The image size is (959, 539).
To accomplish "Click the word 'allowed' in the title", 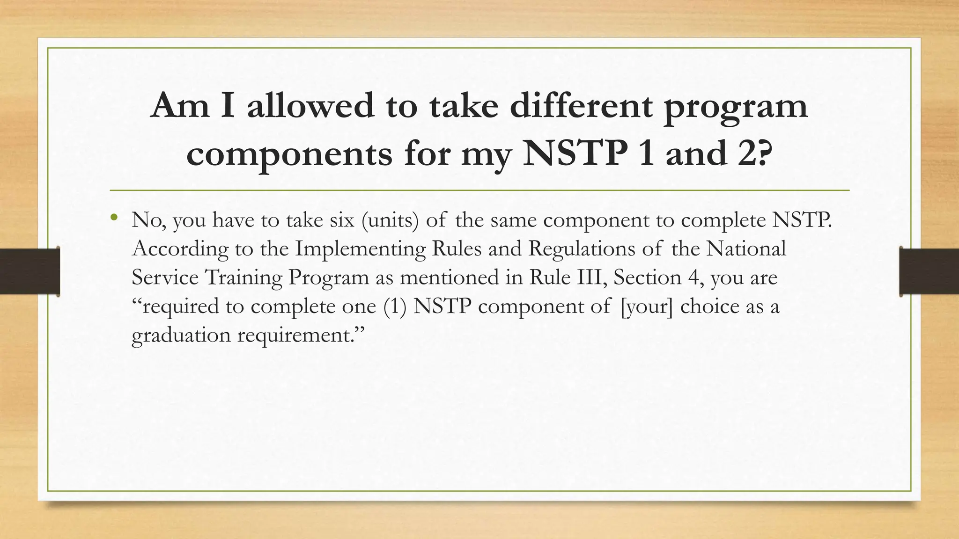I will [310, 105].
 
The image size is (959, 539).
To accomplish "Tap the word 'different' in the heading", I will [580, 105].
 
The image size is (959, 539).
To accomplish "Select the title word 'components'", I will [289, 154].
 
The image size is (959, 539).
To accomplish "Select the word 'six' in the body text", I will [342, 220].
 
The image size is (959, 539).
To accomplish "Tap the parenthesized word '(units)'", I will [390, 220].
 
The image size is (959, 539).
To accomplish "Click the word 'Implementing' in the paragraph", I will [360, 249].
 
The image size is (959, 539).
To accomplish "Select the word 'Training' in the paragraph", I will [243, 278].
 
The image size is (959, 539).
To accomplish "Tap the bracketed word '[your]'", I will [646, 307].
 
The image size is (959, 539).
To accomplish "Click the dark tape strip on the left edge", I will [30, 271].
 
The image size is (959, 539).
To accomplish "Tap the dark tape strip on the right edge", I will [929, 271].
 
